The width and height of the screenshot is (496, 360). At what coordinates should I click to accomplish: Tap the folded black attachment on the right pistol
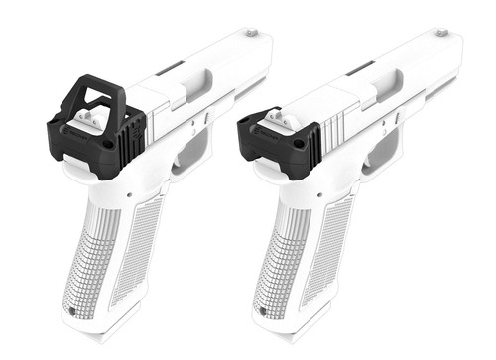[279, 144]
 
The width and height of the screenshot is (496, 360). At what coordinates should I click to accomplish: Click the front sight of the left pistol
[252, 32]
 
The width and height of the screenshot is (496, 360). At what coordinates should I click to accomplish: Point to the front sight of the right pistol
[439, 32]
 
